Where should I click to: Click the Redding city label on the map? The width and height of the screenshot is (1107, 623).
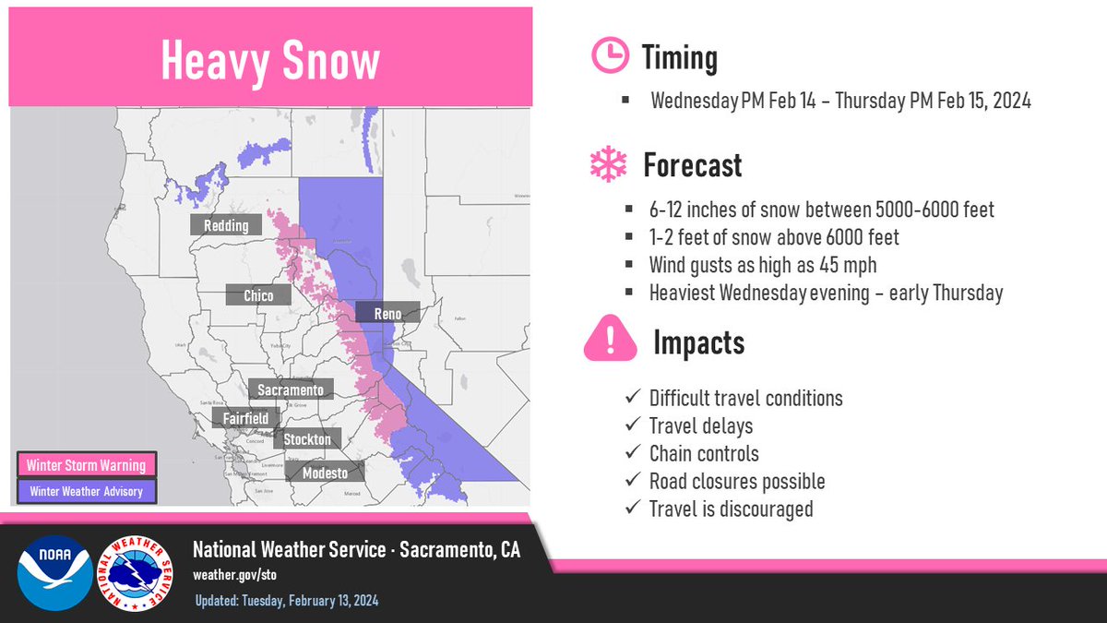click(226, 225)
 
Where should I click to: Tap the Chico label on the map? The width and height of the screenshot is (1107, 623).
click(258, 294)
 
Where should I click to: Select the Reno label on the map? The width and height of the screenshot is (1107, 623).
click(387, 314)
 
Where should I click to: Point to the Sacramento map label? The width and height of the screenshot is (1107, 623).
click(291, 390)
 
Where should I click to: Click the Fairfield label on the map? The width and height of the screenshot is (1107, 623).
click(245, 418)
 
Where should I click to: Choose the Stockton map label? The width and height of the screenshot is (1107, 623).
click(307, 439)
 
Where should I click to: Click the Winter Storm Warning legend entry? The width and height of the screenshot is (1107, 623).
click(86, 464)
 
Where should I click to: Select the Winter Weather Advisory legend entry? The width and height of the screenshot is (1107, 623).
click(86, 491)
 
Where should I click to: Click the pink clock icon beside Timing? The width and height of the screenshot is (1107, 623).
click(607, 57)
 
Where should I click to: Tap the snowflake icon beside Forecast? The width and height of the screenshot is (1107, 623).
click(607, 165)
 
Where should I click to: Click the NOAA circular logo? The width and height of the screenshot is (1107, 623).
click(55, 572)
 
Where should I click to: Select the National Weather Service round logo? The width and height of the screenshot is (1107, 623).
click(138, 572)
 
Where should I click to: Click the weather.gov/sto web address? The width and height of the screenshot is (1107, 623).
click(234, 574)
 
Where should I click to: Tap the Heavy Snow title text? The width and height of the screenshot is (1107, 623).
click(269, 61)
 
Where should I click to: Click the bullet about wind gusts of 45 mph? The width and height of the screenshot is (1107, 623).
click(762, 265)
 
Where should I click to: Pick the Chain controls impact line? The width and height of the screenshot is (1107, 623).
click(704, 453)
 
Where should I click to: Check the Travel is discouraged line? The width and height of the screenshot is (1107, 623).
click(731, 509)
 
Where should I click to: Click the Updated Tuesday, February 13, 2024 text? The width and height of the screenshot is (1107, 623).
click(286, 601)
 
